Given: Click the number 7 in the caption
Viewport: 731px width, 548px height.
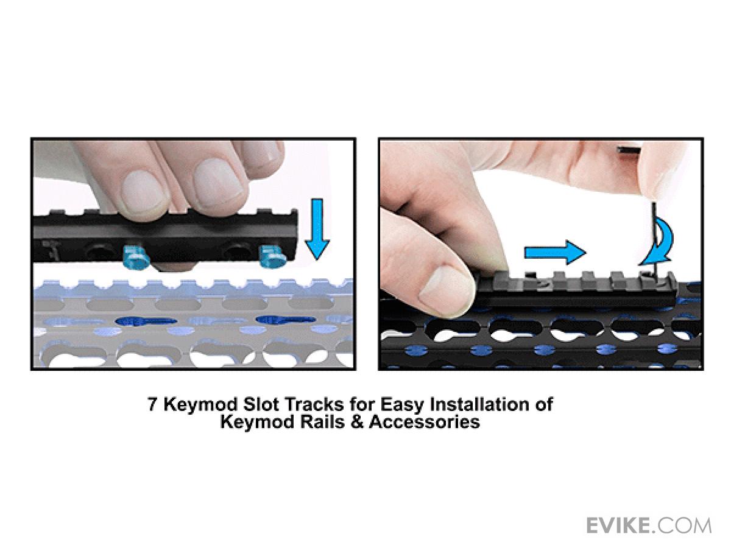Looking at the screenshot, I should pyautogui.click(x=152, y=405).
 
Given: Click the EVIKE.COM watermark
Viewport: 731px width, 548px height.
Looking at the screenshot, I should pyautogui.click(x=649, y=525).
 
